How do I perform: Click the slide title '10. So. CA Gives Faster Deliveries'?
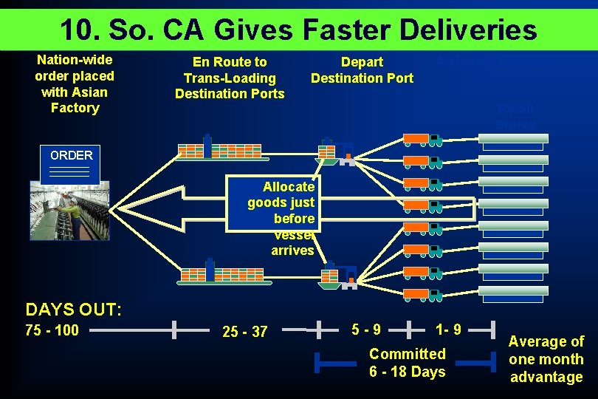298,30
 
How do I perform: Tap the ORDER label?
72,155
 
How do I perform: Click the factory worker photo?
69,210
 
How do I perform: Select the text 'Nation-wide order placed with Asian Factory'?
74,83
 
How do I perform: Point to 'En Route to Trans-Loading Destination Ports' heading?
230,78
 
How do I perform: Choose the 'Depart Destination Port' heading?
362,70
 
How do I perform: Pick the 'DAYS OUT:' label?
73,309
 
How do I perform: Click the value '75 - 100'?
52,330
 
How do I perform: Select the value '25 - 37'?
244,332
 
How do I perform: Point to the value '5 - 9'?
366,328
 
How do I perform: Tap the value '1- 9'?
448,328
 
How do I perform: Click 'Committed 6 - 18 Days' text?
407,363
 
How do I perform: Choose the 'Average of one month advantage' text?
546,359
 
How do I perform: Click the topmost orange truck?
422,138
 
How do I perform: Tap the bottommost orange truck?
422,295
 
